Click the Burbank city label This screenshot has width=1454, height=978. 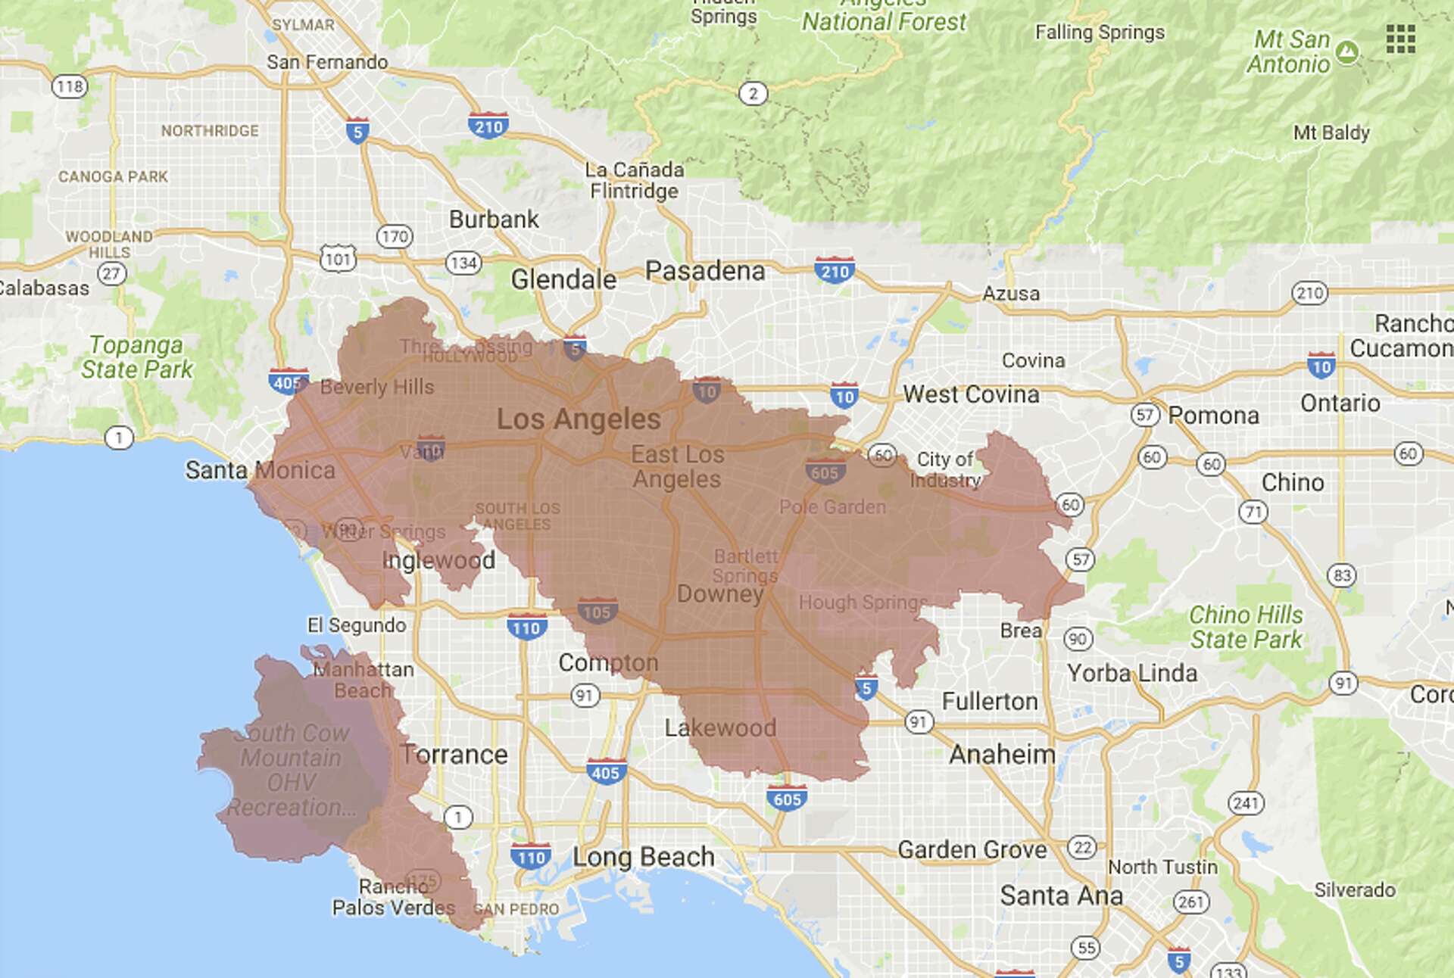pos(494,220)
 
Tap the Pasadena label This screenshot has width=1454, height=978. pos(704,271)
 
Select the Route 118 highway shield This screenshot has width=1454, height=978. pos(69,86)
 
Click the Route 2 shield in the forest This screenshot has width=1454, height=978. pos(752,94)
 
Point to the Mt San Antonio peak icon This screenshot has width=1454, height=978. pos(1346,51)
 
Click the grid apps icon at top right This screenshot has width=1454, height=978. pos(1400,39)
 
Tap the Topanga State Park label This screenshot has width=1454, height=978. pos(137,357)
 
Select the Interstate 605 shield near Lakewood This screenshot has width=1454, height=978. pos(787,799)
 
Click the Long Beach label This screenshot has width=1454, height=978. pos(643,857)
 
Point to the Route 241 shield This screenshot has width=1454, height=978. pos(1246,802)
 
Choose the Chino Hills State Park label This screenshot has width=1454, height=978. pos(1246,627)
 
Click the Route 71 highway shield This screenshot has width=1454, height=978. pos(1253,512)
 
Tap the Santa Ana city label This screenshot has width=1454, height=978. pos(1061,895)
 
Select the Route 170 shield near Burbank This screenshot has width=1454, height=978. pos(395,236)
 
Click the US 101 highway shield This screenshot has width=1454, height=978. pos(337,259)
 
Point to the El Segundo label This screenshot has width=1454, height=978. pos(356,625)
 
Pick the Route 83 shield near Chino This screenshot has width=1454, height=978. pos(1342,575)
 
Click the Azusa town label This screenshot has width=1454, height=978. pos(1010,294)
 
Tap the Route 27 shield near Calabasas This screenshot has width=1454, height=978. pos(111,273)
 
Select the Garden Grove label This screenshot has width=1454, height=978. pos(972,850)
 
